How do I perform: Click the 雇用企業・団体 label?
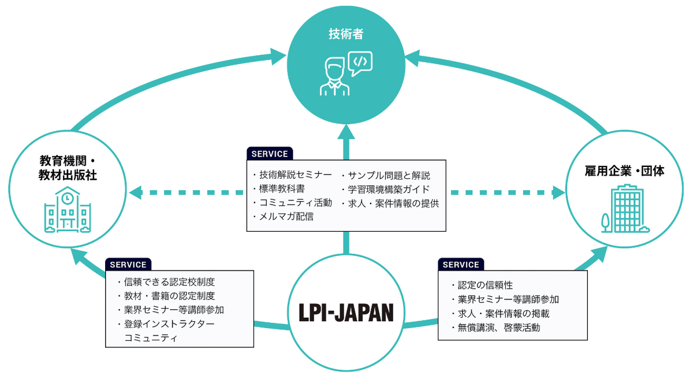coord(625,171)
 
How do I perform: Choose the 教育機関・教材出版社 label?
coord(68,168)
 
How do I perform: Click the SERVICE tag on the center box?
coord(270,154)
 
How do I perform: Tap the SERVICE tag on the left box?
coord(128,264)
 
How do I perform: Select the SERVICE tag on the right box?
coord(461,264)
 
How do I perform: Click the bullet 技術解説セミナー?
coord(293,175)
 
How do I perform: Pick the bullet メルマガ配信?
coord(284,217)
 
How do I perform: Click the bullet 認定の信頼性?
coord(482,285)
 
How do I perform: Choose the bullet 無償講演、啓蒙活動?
coord(495,328)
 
